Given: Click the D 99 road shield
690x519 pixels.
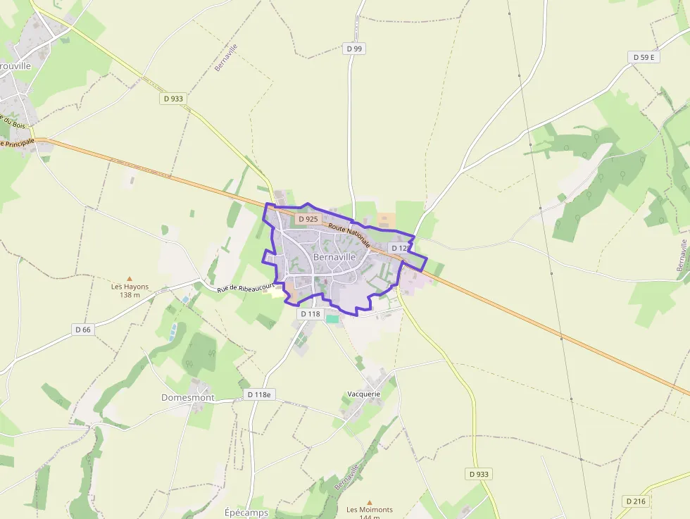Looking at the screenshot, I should tap(354, 49).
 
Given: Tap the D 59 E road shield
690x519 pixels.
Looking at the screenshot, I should tap(644, 57).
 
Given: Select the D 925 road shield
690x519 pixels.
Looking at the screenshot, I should tap(308, 219).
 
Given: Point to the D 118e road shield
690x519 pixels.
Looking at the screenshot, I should tap(259, 394).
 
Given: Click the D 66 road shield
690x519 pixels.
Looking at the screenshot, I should tap(82, 329).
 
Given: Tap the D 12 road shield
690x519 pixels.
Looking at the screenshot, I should tap(399, 248).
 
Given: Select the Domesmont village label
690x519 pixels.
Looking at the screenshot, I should tap(187, 397).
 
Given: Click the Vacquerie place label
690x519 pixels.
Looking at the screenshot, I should tap(364, 394).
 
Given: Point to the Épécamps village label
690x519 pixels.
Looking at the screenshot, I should tap(246, 512).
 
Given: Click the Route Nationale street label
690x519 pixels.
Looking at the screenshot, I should tap(349, 235).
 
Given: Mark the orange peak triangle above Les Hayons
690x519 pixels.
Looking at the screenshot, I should tap(129, 279).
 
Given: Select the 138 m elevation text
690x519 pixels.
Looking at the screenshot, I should tap(130, 295).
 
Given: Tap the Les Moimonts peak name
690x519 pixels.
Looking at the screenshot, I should tap(370, 510).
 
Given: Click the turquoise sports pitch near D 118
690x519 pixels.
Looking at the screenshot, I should tap(332, 319).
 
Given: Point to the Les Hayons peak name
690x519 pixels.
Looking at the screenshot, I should tap(130, 287).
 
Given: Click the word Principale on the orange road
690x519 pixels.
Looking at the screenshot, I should tap(20, 142).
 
